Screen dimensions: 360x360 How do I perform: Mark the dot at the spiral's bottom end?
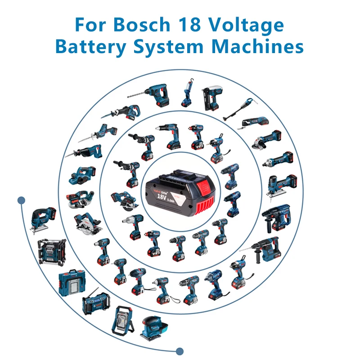[180, 351]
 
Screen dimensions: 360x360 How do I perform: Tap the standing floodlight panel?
[122, 320]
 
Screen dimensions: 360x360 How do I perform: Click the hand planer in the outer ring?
[82, 175]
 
